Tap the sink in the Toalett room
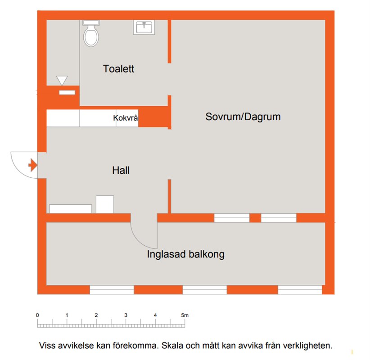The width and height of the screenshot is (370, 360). (144, 27)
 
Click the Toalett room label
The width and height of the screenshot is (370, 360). (118, 69)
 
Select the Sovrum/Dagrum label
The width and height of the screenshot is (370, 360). (243, 117)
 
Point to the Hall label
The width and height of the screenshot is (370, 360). (121, 171)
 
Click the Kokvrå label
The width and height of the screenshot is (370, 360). (125, 118)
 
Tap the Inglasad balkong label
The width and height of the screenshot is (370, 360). (186, 254)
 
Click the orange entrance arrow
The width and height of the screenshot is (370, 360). (33, 165)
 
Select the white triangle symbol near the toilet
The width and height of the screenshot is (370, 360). (62, 80)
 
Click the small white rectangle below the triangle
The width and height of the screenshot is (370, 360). (67, 93)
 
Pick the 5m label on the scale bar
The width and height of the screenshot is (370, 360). (185, 315)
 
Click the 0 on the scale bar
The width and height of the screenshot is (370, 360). (37, 315)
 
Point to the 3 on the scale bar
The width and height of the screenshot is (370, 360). (126, 315)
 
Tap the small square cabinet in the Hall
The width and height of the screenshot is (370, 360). (105, 205)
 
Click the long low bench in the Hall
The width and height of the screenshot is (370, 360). (71, 209)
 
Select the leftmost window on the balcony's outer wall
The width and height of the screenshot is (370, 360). (112, 290)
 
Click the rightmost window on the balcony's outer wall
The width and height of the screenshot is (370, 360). (300, 290)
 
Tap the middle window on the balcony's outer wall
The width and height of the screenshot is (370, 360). (205, 290)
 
